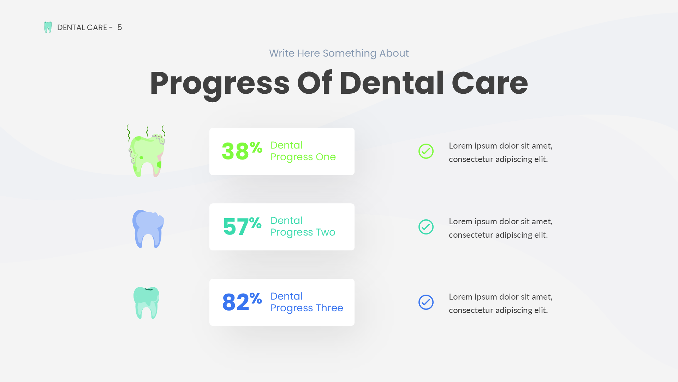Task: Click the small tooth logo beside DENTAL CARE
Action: point(48,27)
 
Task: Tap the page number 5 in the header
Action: point(120,28)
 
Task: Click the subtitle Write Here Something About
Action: point(339,53)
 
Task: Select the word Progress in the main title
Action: point(220,83)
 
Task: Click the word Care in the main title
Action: point(490,83)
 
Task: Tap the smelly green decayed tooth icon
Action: point(146,151)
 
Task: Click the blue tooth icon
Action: point(148,229)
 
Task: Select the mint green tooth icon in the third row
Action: point(146,303)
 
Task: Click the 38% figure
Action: point(242,151)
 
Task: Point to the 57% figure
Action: point(242,226)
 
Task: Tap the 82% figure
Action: point(242,302)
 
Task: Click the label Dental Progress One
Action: point(303,151)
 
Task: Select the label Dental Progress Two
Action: point(303,226)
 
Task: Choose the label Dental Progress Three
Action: point(307,302)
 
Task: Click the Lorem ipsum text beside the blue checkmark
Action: point(500,303)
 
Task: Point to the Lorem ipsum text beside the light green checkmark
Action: point(500,152)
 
